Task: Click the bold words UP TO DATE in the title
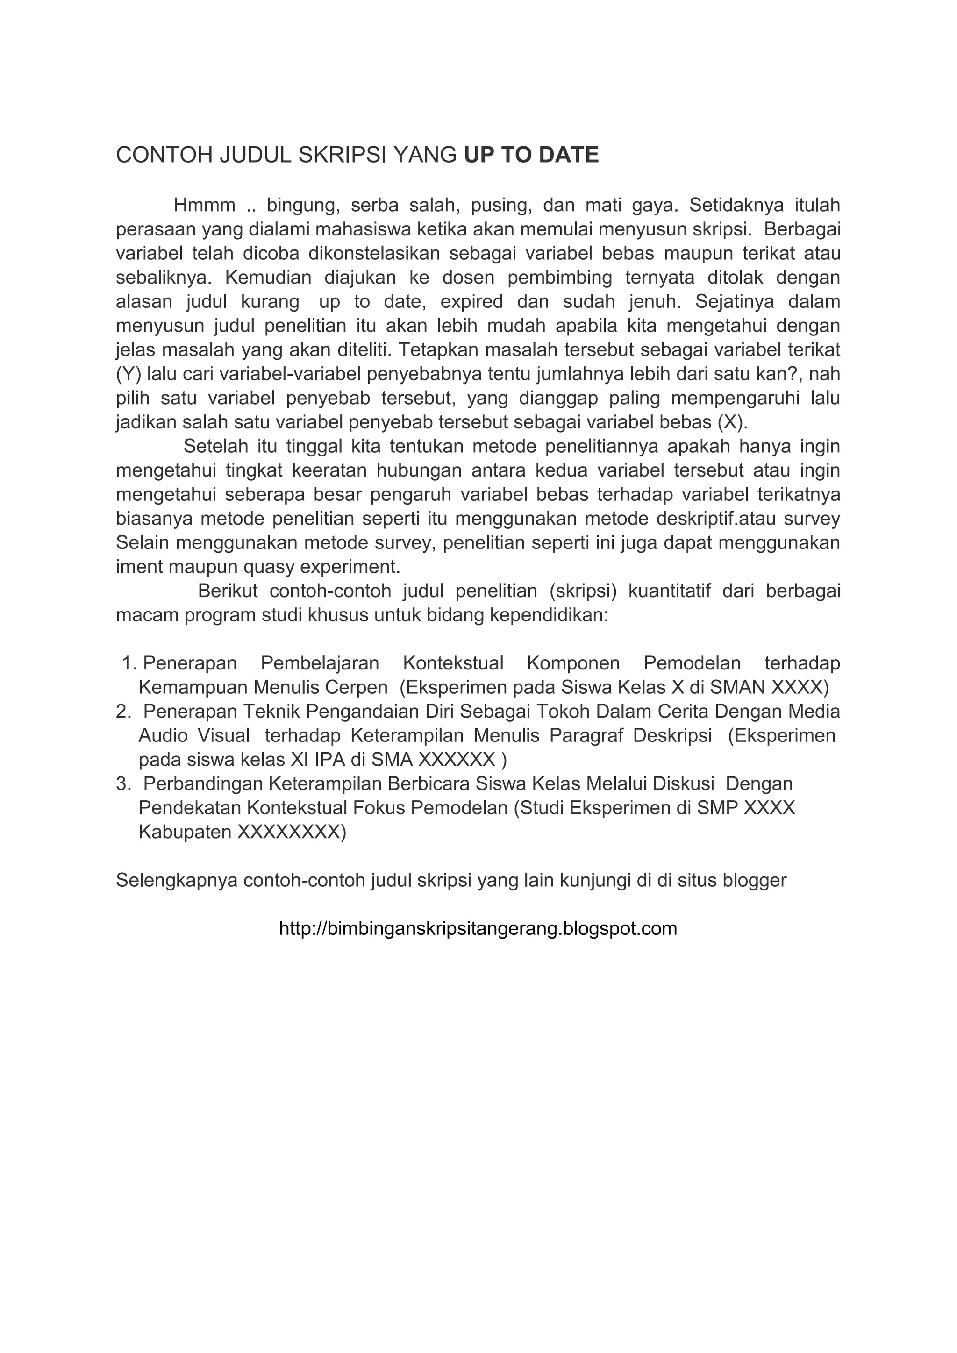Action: (x=531, y=155)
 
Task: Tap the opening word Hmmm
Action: (x=204, y=206)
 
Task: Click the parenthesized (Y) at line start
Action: (x=129, y=374)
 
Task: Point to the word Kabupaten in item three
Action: (x=185, y=832)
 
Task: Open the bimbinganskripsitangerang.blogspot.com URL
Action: (x=478, y=929)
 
